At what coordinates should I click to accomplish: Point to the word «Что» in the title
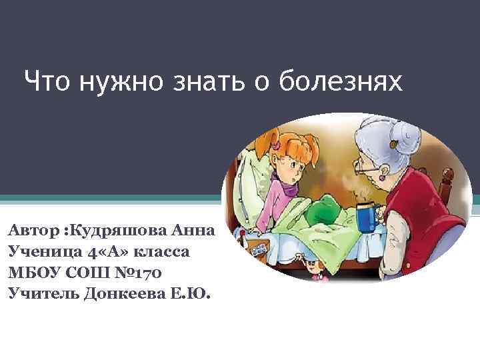pos(47,83)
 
